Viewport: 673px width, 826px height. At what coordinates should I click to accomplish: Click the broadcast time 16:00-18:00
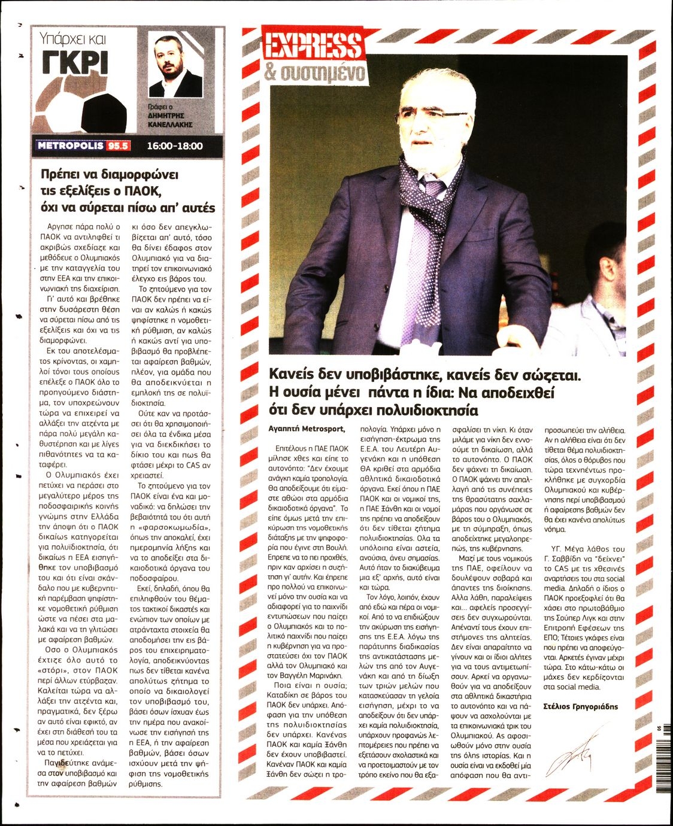pyautogui.click(x=175, y=145)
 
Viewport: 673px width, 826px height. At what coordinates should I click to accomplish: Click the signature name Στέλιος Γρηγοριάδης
pyautogui.click(x=580, y=706)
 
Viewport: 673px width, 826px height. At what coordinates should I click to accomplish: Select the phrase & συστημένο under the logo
pyautogui.click(x=313, y=74)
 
